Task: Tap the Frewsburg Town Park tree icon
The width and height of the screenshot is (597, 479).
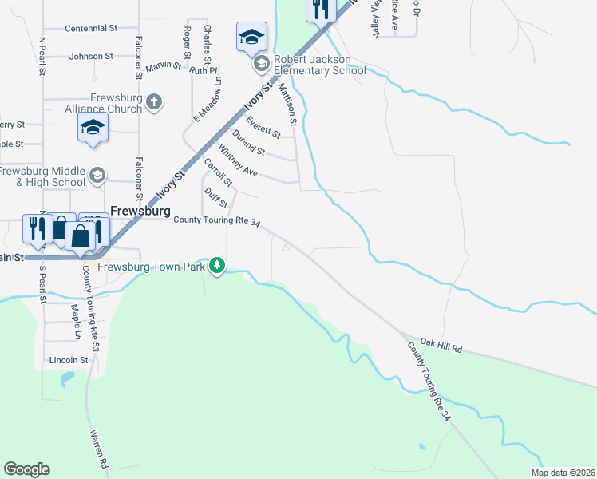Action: [217, 266]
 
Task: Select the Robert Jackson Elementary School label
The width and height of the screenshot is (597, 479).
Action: [320, 65]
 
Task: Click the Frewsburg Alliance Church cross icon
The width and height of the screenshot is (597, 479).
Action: [155, 101]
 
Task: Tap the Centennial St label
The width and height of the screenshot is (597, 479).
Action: [91, 28]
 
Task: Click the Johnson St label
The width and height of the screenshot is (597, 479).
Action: [91, 57]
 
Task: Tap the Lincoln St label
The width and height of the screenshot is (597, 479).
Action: [66, 360]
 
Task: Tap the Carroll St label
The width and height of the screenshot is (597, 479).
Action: [218, 173]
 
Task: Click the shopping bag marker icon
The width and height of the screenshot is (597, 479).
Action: [81, 236]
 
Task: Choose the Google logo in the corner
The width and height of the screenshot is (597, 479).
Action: [26, 469]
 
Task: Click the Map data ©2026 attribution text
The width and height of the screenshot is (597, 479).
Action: [563, 473]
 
